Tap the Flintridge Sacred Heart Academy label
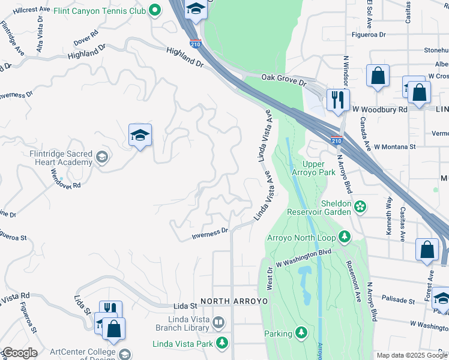click(x=61, y=158)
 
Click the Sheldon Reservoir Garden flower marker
click(x=360, y=207)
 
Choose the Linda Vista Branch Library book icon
click(x=219, y=323)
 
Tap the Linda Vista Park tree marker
click(x=223, y=343)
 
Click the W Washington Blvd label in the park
click(x=304, y=258)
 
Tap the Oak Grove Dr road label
click(x=285, y=79)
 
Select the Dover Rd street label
click(x=85, y=38)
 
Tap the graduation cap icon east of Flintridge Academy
click(x=140, y=136)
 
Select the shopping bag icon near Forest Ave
click(x=427, y=250)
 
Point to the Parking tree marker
click(x=301, y=333)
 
